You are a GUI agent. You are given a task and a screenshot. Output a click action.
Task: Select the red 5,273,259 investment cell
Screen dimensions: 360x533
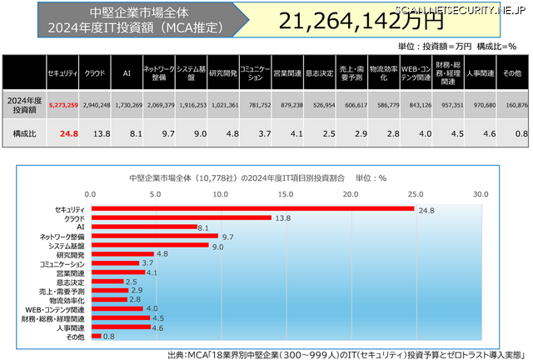point(63,106)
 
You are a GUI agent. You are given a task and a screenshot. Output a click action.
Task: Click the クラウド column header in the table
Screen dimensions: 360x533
point(95,73)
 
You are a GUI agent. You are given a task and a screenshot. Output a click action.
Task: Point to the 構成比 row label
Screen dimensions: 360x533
point(24,132)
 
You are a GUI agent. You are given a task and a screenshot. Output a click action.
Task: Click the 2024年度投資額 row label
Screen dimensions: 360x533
point(24,106)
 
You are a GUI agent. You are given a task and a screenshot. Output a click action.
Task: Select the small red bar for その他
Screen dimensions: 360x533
point(97,337)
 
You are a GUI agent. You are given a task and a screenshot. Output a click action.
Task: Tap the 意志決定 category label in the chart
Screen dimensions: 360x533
point(72,282)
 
